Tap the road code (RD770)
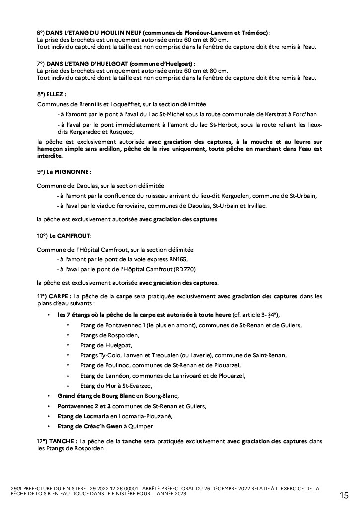click(184, 269)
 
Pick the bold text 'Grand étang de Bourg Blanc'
click(89, 396)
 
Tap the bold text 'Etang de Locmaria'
click(82, 416)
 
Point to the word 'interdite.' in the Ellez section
click(50, 155)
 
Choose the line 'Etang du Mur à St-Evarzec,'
click(116, 386)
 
